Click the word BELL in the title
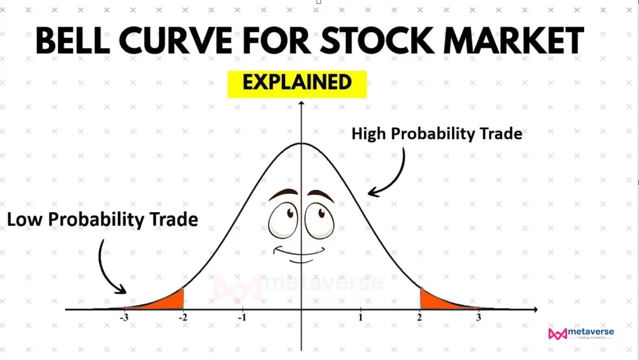[72, 40]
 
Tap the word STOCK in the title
[377, 40]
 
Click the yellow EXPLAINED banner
[297, 84]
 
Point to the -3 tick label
[124, 317]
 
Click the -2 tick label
[183, 317]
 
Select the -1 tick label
[242, 317]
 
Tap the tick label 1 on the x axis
[360, 317]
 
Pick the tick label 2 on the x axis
[419, 317]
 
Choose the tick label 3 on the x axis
[479, 317]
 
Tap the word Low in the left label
[24, 219]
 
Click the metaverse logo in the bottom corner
[581, 333]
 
